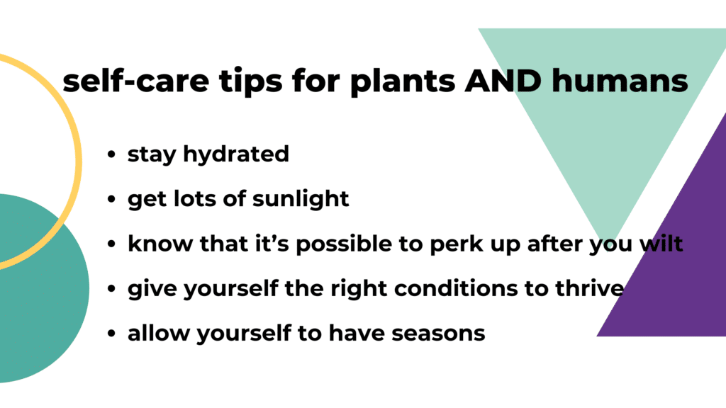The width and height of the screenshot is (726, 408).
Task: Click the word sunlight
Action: (x=301, y=199)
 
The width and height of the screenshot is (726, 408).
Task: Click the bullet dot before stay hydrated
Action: (x=111, y=155)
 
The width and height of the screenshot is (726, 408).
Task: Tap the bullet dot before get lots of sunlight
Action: (x=111, y=200)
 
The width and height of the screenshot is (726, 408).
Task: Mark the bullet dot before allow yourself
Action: (x=111, y=334)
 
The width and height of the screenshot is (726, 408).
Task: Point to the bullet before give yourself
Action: (x=111, y=289)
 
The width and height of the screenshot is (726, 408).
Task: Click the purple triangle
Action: (x=674, y=283)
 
